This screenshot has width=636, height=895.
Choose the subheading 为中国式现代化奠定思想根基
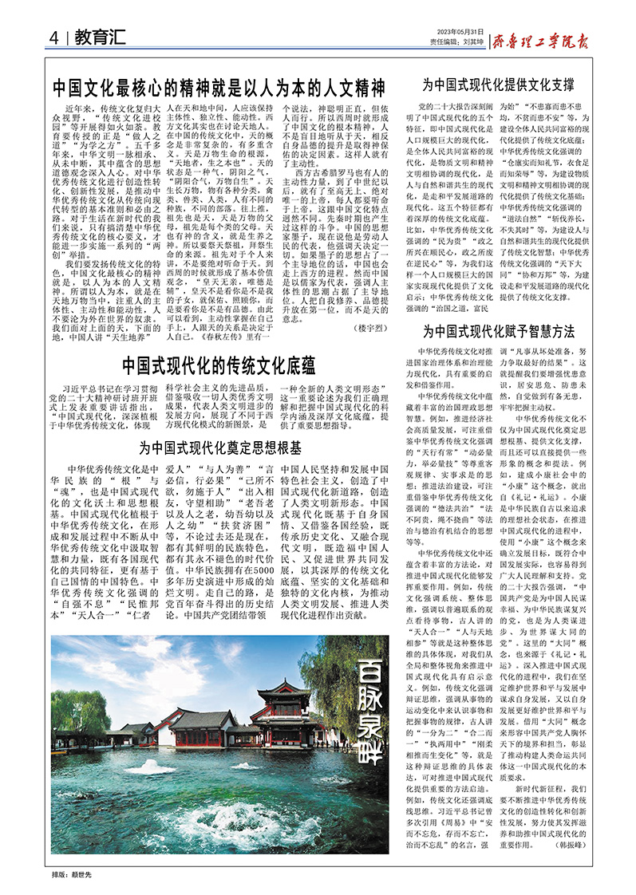[220, 447]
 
